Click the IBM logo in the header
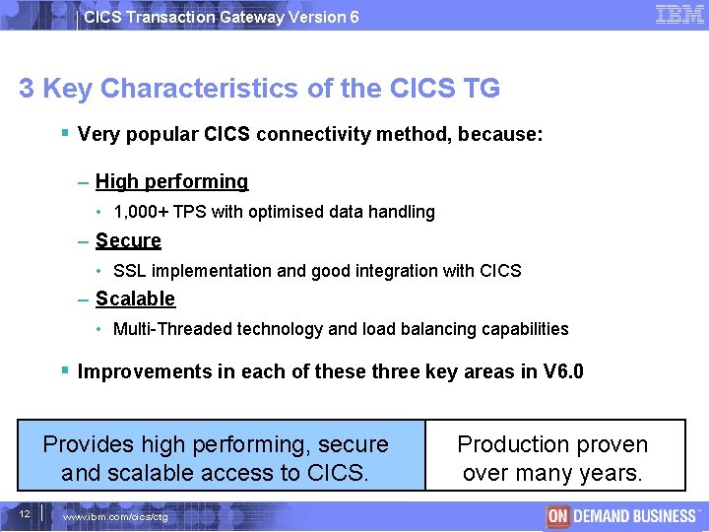coord(678,14)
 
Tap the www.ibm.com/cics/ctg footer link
coord(115,517)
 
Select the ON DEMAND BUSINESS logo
coord(622,515)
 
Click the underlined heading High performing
coord(171,181)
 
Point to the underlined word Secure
coord(128,240)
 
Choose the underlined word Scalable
coord(135,299)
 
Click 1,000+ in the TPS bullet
coord(140,212)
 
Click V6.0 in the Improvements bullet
coord(563,371)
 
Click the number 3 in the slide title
coord(28,89)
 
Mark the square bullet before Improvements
coord(64,370)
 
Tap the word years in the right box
coord(607,473)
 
